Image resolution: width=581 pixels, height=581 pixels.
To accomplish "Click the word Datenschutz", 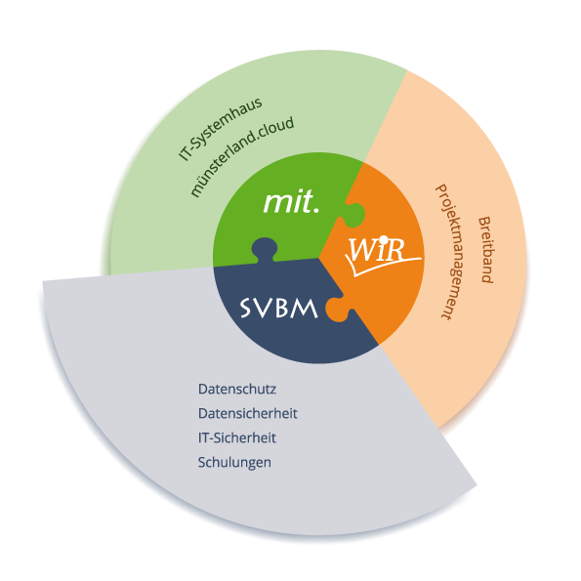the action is pyautogui.click(x=237, y=389).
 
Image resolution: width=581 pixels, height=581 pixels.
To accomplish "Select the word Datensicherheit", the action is pyautogui.click(x=247, y=413).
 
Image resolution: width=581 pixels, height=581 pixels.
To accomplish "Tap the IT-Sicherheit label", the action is pyautogui.click(x=237, y=438).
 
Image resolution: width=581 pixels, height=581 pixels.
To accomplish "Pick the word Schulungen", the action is pyautogui.click(x=234, y=463).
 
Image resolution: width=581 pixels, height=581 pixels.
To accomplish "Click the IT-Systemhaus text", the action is pyautogui.click(x=220, y=129).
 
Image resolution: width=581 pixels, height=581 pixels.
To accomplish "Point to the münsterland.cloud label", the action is pyautogui.click(x=241, y=156).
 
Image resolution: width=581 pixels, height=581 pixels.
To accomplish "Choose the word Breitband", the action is pyautogui.click(x=485, y=250).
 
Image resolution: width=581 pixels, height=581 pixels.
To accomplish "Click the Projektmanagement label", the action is pyautogui.click(x=449, y=252).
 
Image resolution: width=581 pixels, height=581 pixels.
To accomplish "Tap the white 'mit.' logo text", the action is pyautogui.click(x=291, y=201).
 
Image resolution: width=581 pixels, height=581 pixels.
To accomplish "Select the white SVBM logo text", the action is pyautogui.click(x=278, y=308).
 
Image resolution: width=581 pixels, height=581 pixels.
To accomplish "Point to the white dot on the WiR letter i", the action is pyautogui.click(x=385, y=240).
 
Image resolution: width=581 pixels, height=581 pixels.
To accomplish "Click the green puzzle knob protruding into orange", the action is pyautogui.click(x=353, y=215).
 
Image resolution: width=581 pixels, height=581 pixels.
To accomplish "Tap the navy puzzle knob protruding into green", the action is pyautogui.click(x=265, y=249).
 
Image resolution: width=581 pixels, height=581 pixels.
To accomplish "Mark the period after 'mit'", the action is pyautogui.click(x=316, y=210).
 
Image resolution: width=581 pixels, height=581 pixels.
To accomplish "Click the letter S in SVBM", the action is pyautogui.click(x=246, y=309).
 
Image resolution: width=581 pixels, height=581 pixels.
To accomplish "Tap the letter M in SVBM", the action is pyautogui.click(x=305, y=309).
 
